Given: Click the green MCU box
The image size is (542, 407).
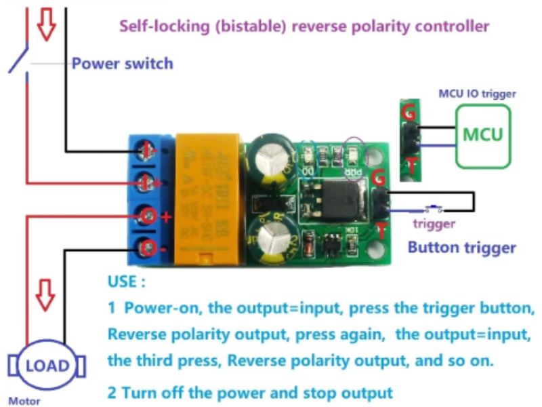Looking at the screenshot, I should pyautogui.click(x=483, y=136).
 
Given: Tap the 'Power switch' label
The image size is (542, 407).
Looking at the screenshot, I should pyautogui.click(x=122, y=64).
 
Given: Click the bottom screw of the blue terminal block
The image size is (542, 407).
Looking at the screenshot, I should pyautogui.click(x=146, y=248).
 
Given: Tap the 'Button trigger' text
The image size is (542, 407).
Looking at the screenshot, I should pyautogui.click(x=461, y=248).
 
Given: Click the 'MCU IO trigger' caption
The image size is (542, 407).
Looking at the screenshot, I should pyautogui.click(x=477, y=94).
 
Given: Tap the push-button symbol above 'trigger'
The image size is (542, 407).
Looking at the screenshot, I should pyautogui.click(x=432, y=207).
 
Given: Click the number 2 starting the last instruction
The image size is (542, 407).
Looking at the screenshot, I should pyautogui.click(x=112, y=392).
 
